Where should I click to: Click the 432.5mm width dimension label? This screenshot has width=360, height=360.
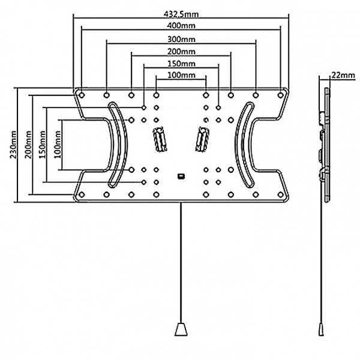181,14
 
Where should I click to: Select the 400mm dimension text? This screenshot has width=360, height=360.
181,25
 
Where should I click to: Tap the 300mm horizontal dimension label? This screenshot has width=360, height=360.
181,39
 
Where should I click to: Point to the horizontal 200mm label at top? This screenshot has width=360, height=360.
181,52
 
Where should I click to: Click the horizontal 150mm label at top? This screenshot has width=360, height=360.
181,64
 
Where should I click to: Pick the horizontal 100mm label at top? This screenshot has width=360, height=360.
181,75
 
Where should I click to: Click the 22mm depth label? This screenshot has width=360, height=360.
343,75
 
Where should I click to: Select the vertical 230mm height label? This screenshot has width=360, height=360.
13,145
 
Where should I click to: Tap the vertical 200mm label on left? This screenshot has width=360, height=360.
28,145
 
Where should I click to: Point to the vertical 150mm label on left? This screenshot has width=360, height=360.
42,145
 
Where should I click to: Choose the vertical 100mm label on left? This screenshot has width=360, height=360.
58,145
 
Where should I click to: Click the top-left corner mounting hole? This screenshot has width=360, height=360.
82,95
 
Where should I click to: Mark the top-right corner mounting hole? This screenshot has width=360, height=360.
280,95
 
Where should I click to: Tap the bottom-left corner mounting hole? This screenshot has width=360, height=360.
82,194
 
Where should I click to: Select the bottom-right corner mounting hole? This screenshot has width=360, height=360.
280,194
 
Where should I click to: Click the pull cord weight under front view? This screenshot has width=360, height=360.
181,329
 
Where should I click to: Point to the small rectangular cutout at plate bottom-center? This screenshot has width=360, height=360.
181,176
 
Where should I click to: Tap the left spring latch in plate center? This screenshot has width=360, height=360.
160,139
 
